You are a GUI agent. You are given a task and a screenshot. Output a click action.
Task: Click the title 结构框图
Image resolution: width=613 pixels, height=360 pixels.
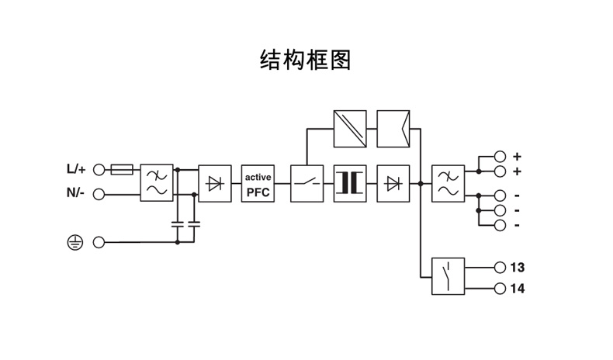305,60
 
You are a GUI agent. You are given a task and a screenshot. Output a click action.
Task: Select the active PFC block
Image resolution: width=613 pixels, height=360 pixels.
258,183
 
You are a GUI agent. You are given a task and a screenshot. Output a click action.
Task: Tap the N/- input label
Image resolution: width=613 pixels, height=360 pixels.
75,193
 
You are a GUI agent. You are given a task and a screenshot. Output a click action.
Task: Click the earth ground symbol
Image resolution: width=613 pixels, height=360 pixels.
74,243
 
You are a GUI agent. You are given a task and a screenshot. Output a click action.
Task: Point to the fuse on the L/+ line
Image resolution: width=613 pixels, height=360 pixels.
122,168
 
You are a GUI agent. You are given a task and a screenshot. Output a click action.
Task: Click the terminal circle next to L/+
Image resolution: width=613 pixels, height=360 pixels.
99,168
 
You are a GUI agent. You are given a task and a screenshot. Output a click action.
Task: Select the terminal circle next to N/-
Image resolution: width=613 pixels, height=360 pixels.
99,193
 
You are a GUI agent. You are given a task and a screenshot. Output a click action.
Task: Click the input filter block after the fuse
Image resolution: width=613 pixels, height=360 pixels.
156,183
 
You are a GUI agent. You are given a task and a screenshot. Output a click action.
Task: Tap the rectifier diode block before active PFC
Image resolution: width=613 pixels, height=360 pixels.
215,183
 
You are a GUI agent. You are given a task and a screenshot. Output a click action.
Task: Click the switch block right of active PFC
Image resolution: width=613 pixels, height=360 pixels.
306,183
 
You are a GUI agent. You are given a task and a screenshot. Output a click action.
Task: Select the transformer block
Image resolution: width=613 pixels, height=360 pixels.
349,183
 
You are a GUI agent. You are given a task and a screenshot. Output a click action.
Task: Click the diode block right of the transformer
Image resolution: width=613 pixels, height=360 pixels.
393,183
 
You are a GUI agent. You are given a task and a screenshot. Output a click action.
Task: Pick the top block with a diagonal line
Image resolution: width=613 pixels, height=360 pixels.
349,128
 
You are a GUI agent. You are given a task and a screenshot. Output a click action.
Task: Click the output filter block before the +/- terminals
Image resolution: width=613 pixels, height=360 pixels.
448,183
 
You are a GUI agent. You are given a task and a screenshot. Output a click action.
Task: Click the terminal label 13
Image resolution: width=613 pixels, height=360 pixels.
518,267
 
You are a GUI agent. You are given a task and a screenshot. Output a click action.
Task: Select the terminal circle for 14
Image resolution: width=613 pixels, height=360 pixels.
500,289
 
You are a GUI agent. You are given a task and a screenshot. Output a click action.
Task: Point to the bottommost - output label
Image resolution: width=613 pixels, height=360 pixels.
517,225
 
